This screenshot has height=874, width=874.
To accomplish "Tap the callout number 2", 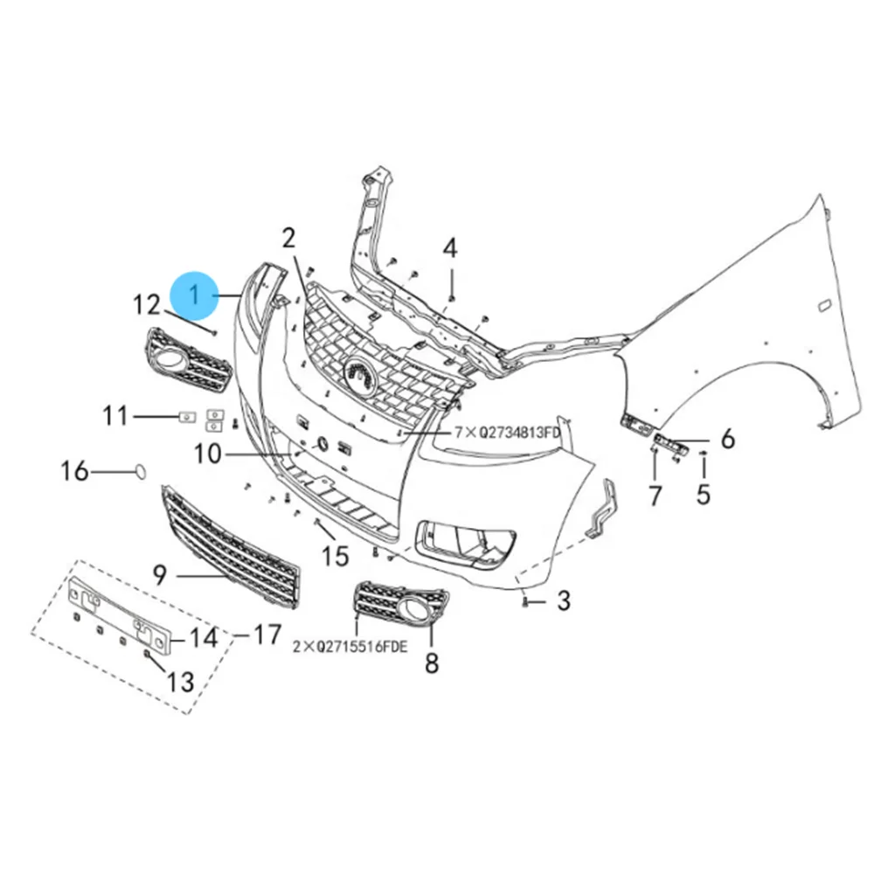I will (x=288, y=237).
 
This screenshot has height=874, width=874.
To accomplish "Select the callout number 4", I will (x=449, y=248).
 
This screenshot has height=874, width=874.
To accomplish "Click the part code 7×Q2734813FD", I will (x=506, y=432).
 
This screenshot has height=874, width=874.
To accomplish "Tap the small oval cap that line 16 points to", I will (x=138, y=472).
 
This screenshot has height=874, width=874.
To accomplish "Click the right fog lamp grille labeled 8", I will (x=402, y=607).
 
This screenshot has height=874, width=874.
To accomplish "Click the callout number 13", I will (x=180, y=681).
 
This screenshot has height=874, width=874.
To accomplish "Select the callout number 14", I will (x=203, y=637).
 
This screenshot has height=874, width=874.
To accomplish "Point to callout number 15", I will (x=335, y=555).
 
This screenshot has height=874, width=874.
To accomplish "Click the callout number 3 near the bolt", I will (x=563, y=600).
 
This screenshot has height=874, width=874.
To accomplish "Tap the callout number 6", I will (x=727, y=439).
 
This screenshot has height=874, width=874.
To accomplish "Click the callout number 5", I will (x=704, y=496).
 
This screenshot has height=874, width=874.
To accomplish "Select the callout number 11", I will (x=115, y=416).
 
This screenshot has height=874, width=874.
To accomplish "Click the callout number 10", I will (x=209, y=454).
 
